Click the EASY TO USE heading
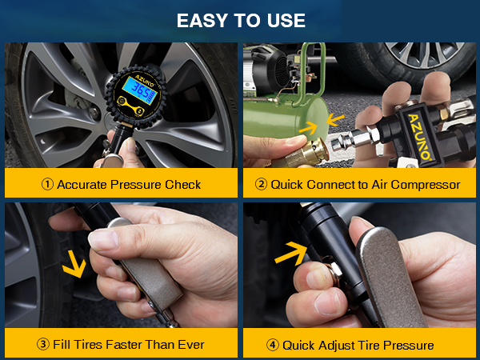pyautogui.click(x=240, y=20)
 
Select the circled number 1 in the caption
pyautogui.click(x=48, y=185)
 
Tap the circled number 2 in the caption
pyautogui.click(x=261, y=185)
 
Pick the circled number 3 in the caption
pyautogui.click(x=48, y=345)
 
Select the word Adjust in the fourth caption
pyautogui.click(x=340, y=345)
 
